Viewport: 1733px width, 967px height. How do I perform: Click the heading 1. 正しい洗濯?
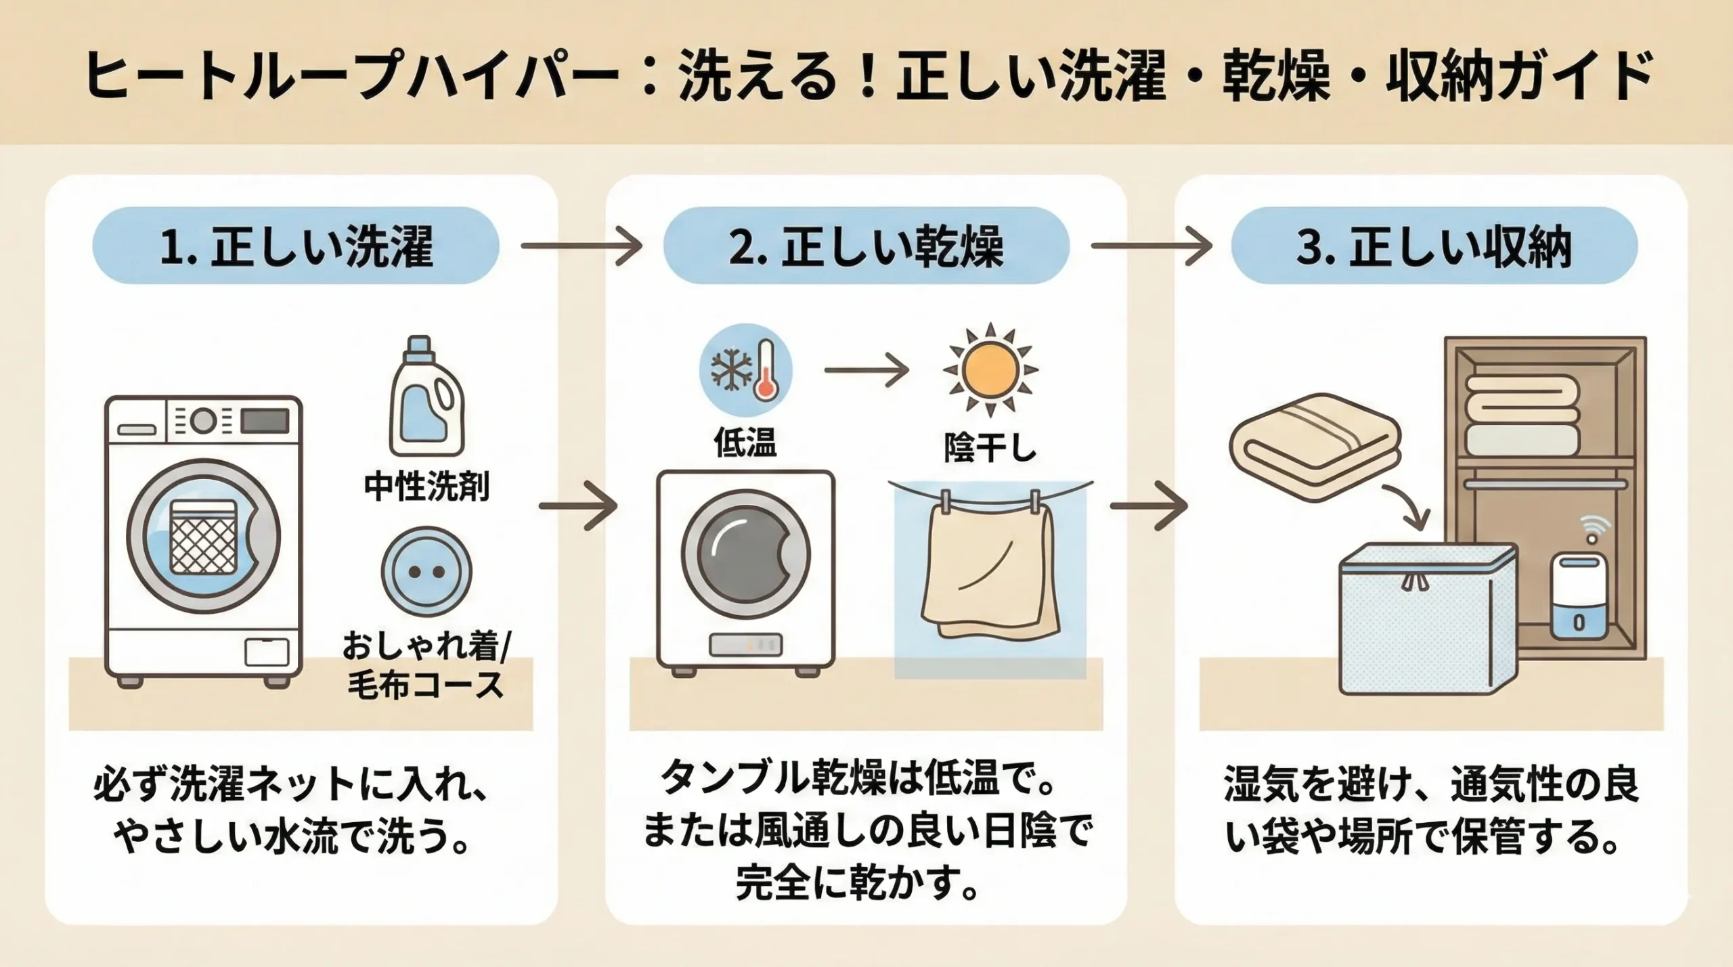click(x=296, y=246)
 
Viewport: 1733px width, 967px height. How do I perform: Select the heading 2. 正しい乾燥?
click(x=866, y=246)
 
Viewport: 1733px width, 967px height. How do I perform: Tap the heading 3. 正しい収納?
click(x=1434, y=246)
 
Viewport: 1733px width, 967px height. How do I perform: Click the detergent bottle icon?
click(x=426, y=397)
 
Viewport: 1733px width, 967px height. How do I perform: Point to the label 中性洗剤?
click(x=426, y=486)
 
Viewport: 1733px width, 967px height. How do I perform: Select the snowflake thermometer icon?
click(x=745, y=370)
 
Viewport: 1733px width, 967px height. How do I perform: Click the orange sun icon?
click(x=990, y=370)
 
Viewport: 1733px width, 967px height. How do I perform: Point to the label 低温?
click(x=745, y=443)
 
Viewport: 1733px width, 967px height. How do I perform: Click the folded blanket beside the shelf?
click(x=1313, y=447)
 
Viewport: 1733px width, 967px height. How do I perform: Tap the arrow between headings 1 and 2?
click(x=581, y=246)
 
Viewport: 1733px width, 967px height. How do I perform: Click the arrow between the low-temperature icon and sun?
click(x=866, y=370)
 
